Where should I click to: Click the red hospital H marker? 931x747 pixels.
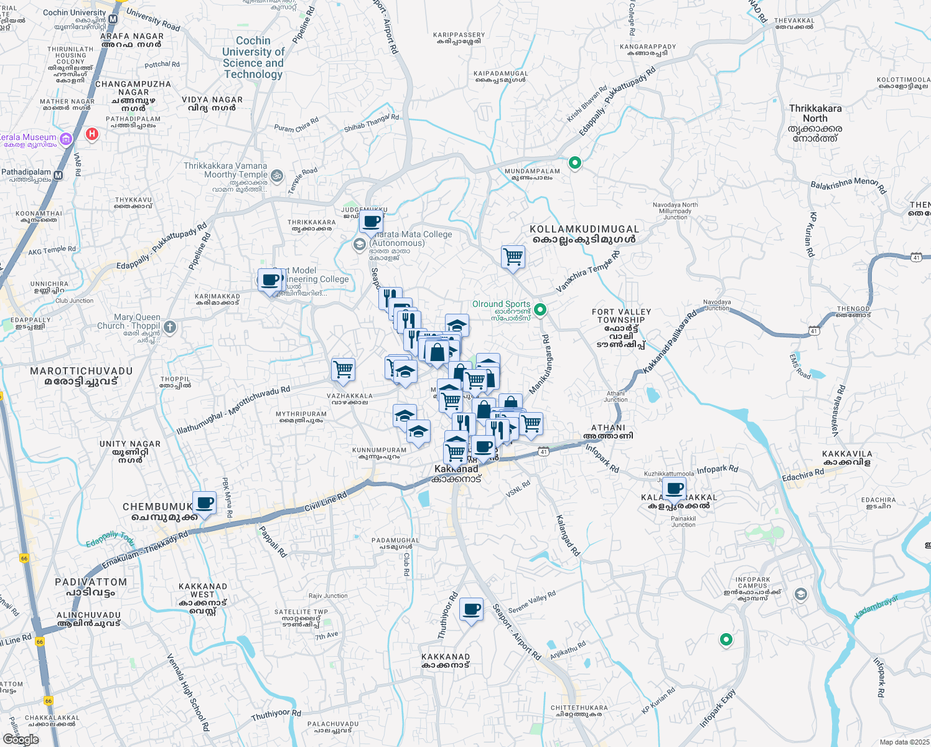92,134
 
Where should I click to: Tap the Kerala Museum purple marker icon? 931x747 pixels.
67,138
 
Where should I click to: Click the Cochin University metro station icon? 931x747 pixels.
113,19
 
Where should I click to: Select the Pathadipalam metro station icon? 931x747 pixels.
58,176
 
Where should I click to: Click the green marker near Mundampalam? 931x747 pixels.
575,163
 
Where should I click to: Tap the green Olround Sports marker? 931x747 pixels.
540,309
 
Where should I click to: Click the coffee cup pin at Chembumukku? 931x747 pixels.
204,502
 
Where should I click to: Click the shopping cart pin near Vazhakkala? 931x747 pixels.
344,369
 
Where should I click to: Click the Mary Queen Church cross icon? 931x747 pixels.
170,327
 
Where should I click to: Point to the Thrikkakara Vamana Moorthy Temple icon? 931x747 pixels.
277,176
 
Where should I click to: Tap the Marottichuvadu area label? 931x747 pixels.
82,376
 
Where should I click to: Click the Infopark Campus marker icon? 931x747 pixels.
800,594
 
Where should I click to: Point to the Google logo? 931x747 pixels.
21,740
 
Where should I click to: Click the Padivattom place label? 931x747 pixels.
91,587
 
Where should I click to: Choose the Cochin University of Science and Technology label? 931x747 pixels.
253,57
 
